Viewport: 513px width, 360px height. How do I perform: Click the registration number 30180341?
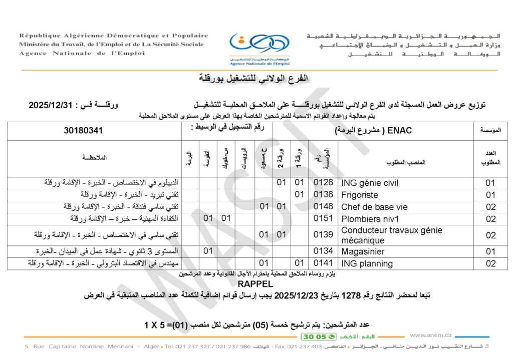pyautogui.click(x=83, y=131)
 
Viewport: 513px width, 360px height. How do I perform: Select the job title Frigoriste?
pyautogui.click(x=359, y=195)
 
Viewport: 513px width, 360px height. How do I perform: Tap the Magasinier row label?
pyautogui.click(x=363, y=251)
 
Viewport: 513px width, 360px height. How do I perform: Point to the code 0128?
pyautogui.click(x=323, y=183)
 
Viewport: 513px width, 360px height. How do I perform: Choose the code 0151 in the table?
pyautogui.click(x=323, y=219)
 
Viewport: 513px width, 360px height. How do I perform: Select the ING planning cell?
pyautogui.click(x=367, y=263)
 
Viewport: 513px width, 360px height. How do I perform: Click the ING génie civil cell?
pyautogui.click(x=370, y=183)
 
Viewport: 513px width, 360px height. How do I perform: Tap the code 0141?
pyautogui.click(x=323, y=263)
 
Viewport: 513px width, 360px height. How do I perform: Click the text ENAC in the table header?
pyautogui.click(x=401, y=131)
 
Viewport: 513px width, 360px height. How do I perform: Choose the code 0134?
pyautogui.click(x=323, y=251)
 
